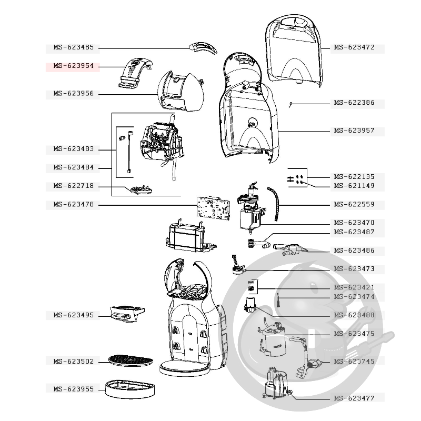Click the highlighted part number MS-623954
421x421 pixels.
coord(74,66)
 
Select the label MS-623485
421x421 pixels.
coord(74,47)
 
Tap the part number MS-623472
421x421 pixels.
coord(354,47)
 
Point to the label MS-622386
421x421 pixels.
coord(354,103)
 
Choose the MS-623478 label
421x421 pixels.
coord(74,205)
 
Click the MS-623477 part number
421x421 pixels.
coord(354,398)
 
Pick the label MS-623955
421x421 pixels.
coord(74,389)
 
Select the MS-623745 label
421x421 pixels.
coord(354,362)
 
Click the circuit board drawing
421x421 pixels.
coord(214,208)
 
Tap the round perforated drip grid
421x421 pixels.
coord(131,360)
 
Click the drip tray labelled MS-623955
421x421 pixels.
coord(130,389)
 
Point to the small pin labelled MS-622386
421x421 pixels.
coord(291,105)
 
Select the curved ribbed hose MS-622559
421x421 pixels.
coord(274,204)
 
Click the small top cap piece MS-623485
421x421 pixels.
coord(203,47)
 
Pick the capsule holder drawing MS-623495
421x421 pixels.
coord(127,314)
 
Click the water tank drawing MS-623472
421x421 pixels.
coord(294,51)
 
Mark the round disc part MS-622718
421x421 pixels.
coord(141,189)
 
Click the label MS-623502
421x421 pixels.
coord(74,362)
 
